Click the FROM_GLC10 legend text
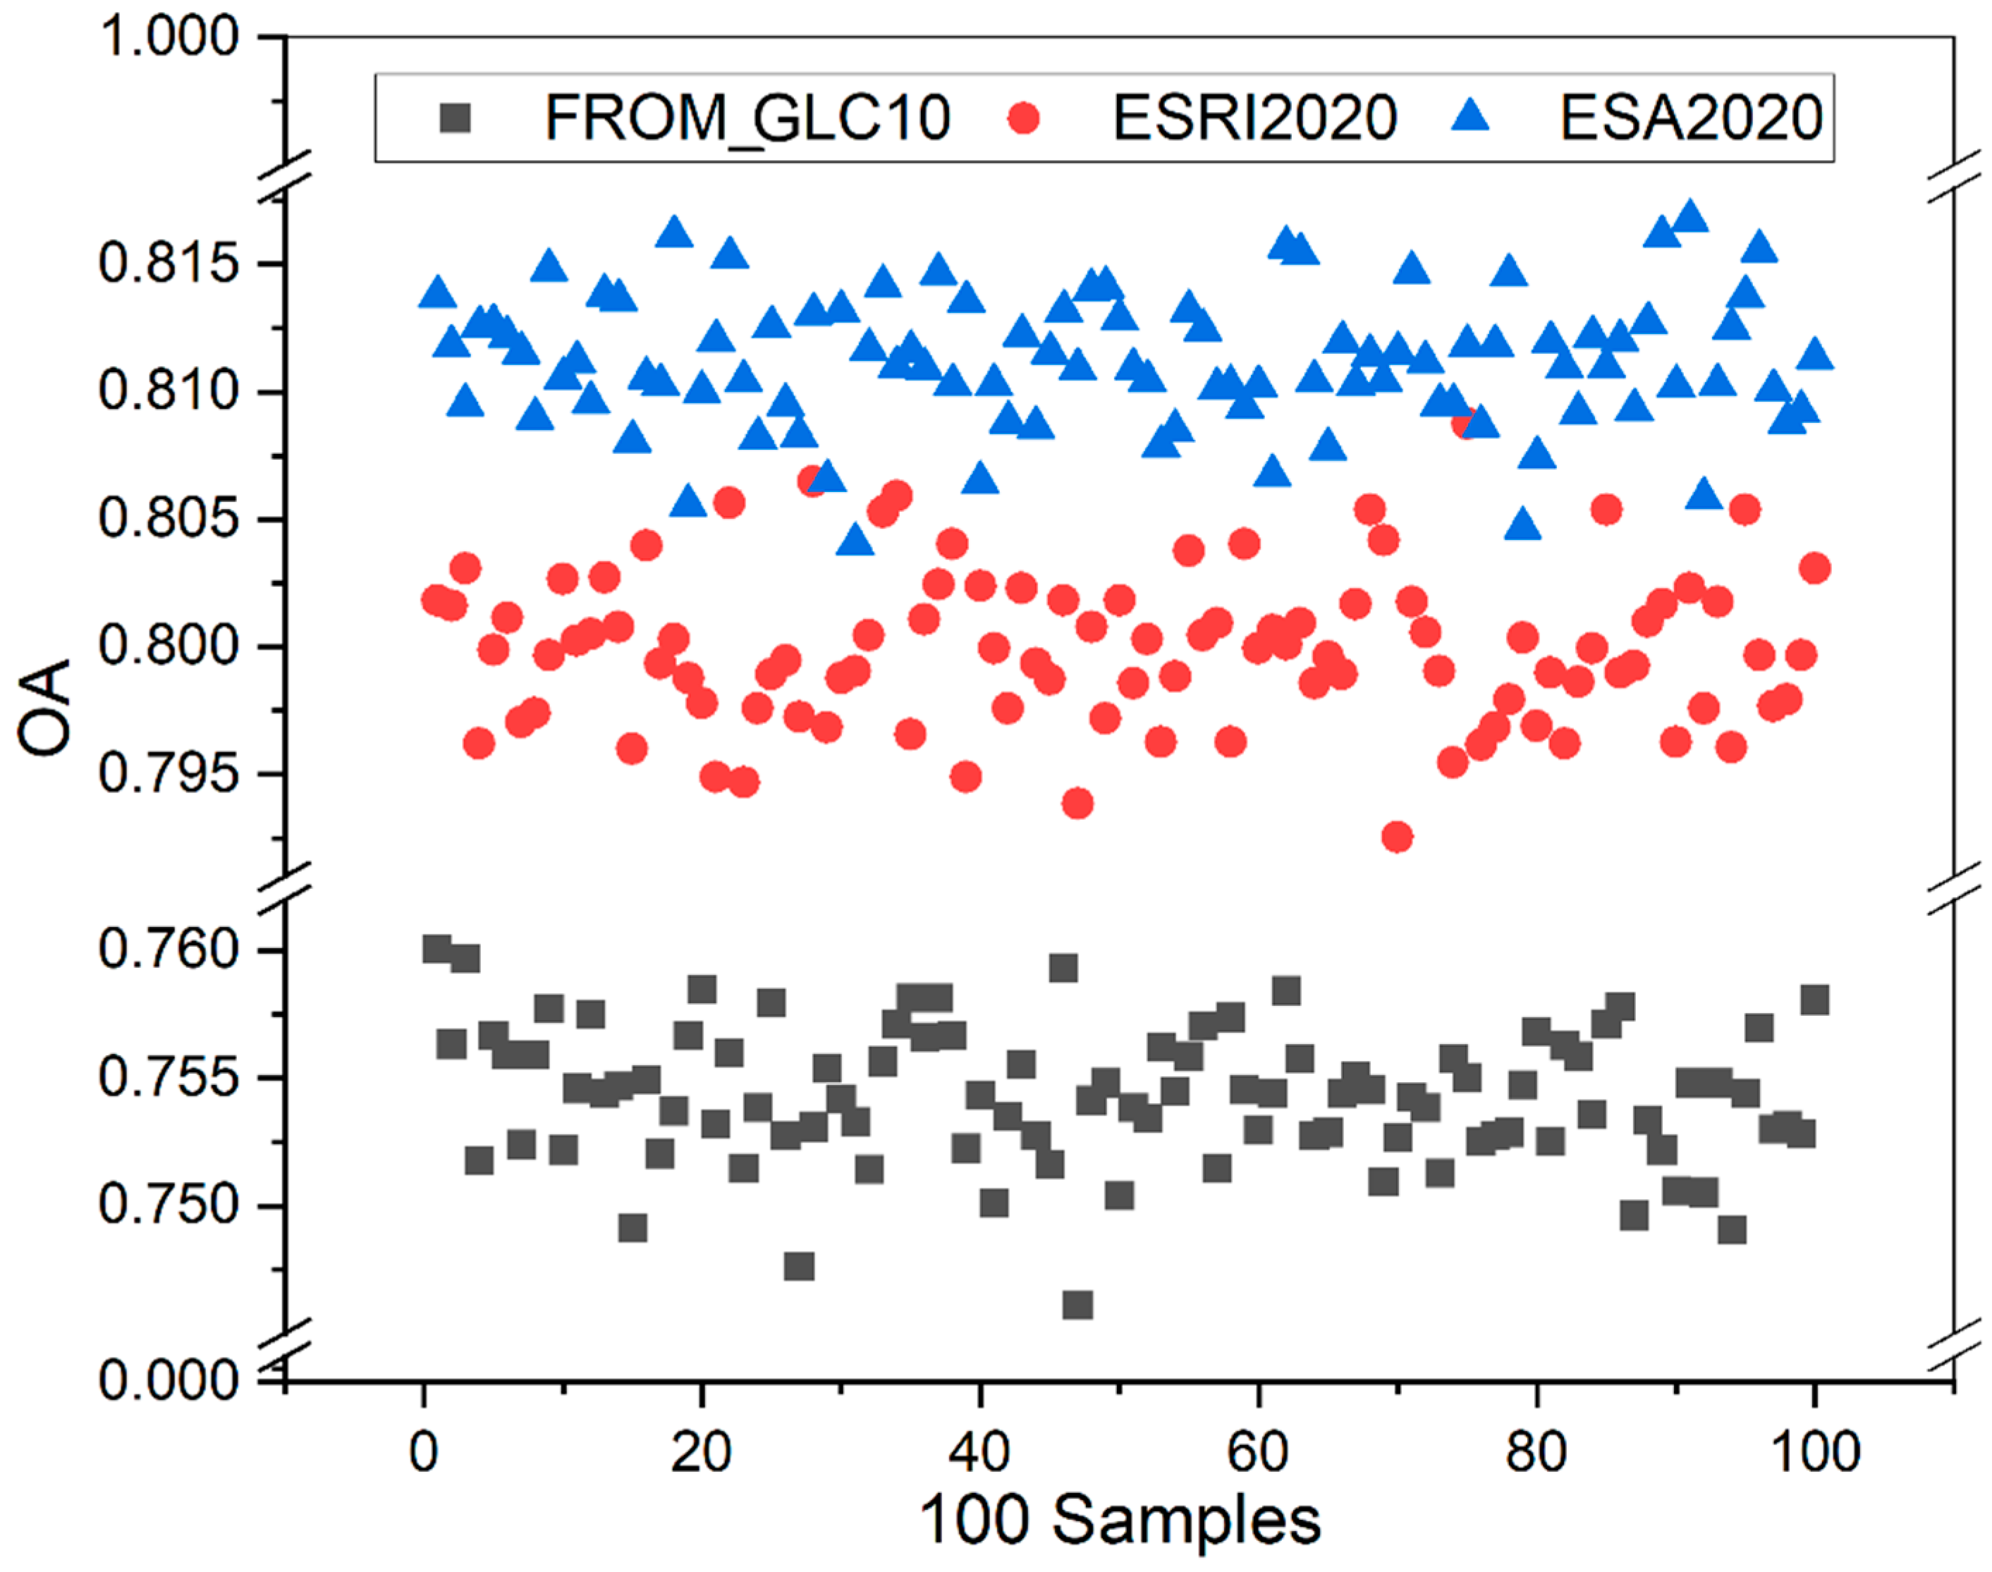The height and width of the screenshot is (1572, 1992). tap(747, 118)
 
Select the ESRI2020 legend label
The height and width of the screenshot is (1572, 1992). tap(1254, 118)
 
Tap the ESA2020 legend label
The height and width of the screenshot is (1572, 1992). tap(1690, 118)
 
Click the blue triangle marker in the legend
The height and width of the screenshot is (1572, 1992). tap(1469, 117)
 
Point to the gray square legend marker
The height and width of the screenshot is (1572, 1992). tap(456, 118)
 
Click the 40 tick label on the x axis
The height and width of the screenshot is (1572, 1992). tap(980, 1451)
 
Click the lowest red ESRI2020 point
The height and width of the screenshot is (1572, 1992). tap(1396, 837)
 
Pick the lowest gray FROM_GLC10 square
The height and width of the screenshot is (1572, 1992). tap(1077, 1304)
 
